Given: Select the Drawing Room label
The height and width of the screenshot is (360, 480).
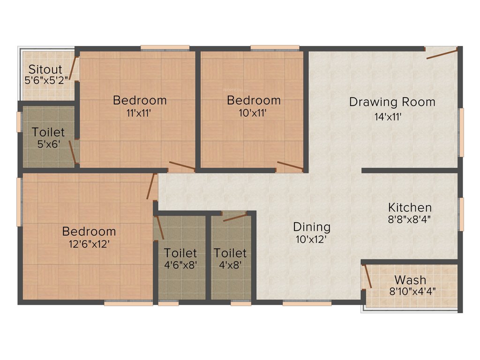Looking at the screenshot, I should coord(392,102).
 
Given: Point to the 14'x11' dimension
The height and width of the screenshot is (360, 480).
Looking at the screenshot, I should coord(387,117).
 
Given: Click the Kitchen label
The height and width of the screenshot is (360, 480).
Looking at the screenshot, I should coord(410,207).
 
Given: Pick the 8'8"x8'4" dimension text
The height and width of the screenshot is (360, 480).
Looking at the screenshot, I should coord(409,218).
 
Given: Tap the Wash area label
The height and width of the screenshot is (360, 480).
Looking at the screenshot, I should coord(410,280).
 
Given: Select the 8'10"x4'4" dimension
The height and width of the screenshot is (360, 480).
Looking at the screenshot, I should coord(413,291).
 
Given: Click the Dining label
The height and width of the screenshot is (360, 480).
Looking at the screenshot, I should coord(312,227).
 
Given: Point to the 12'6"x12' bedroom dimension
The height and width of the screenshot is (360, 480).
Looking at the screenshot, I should coord(89,243).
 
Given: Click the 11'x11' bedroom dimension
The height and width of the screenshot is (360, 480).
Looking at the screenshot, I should coord(139,113).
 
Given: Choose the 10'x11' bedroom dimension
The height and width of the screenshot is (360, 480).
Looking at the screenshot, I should coord(253,113).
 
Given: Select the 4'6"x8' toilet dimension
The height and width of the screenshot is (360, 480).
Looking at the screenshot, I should coord(180,264).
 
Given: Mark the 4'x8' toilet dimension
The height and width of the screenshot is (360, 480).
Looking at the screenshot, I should coord(230,264).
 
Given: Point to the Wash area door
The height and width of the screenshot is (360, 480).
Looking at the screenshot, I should coord(367,276).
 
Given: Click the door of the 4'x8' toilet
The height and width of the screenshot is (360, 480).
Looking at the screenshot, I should coord(235,217).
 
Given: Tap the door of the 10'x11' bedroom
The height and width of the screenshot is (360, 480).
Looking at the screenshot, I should coord(290,165).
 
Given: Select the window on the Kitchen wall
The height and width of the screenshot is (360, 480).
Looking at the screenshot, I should coord(461,214).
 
